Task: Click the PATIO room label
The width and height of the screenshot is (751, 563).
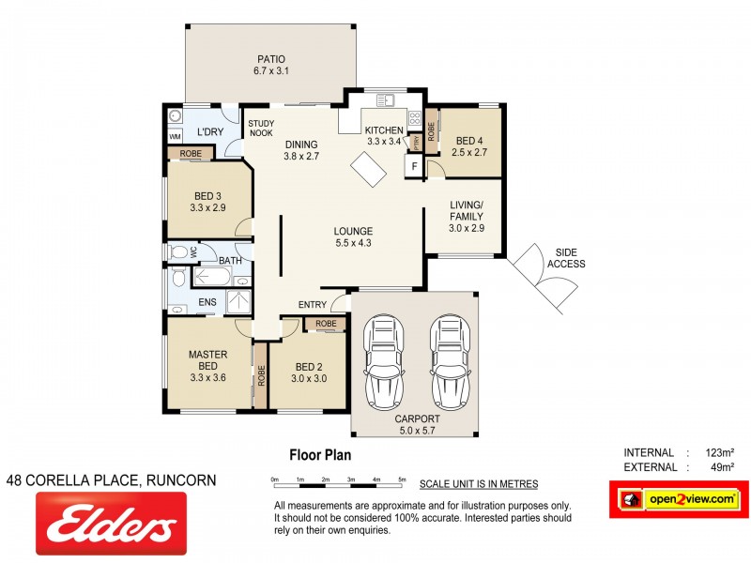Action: pyautogui.click(x=270, y=58)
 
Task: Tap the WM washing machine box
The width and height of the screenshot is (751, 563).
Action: pyautogui.click(x=175, y=136)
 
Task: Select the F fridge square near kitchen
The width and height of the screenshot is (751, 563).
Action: pyautogui.click(x=412, y=167)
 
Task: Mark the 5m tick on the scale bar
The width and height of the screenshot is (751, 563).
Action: pyautogui.click(x=403, y=479)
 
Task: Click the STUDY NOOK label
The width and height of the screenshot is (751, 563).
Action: pyautogui.click(x=260, y=128)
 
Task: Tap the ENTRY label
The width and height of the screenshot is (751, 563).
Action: pyautogui.click(x=313, y=305)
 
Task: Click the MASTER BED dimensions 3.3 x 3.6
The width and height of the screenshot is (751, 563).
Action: pyautogui.click(x=208, y=378)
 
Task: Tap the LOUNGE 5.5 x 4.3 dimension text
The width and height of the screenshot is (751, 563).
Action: pyautogui.click(x=353, y=243)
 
